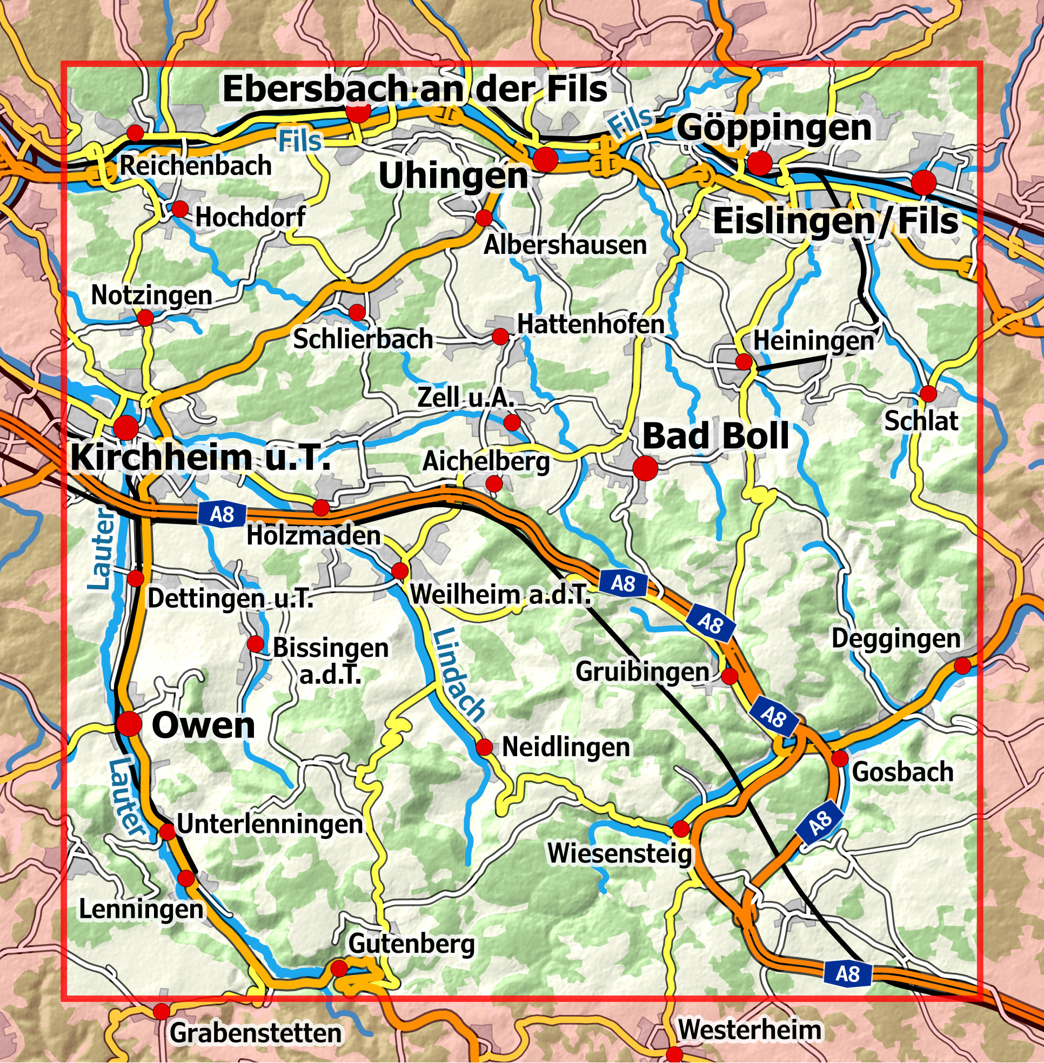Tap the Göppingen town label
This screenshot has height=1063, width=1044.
[774, 128]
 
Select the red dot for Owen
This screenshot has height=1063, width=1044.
[130, 724]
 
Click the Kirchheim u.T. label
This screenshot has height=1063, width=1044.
[200, 456]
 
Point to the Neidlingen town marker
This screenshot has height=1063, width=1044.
[484, 747]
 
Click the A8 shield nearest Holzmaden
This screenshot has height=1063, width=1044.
[222, 514]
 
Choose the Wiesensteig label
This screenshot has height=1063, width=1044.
[620, 853]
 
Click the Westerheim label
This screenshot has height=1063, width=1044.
[749, 1030]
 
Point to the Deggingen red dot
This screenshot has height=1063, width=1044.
[962, 665]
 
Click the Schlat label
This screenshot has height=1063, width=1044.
[921, 421]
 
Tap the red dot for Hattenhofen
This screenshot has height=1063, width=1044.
[500, 336]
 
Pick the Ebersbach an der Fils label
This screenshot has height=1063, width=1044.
[414, 89]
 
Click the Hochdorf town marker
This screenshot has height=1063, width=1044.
[179, 209]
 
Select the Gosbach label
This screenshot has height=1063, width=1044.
[902, 772]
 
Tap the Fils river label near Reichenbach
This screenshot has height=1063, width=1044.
[299, 141]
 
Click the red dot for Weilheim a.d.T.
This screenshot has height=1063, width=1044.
[400, 571]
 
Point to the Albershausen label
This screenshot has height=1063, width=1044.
[565, 245]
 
